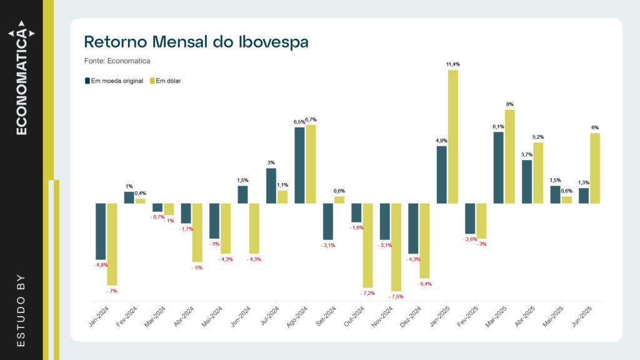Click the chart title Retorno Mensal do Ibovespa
pos(196,42)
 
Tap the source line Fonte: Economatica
pos(117,61)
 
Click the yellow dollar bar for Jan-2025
pos(452,136)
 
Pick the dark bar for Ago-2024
pos(299,165)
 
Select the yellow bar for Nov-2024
pos(396,247)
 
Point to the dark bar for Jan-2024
pos(100,231)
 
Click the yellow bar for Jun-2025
pos(595,168)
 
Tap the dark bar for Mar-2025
pos(498,167)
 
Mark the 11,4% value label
pos(453,64)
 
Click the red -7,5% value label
pos(396,297)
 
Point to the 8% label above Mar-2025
pos(510,104)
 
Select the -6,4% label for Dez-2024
pos(424,284)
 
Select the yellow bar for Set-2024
pos(339,199)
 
